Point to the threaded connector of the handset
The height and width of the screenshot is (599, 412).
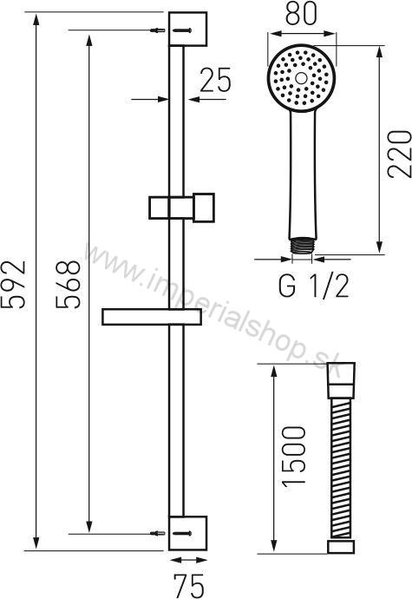click(x=301, y=247)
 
